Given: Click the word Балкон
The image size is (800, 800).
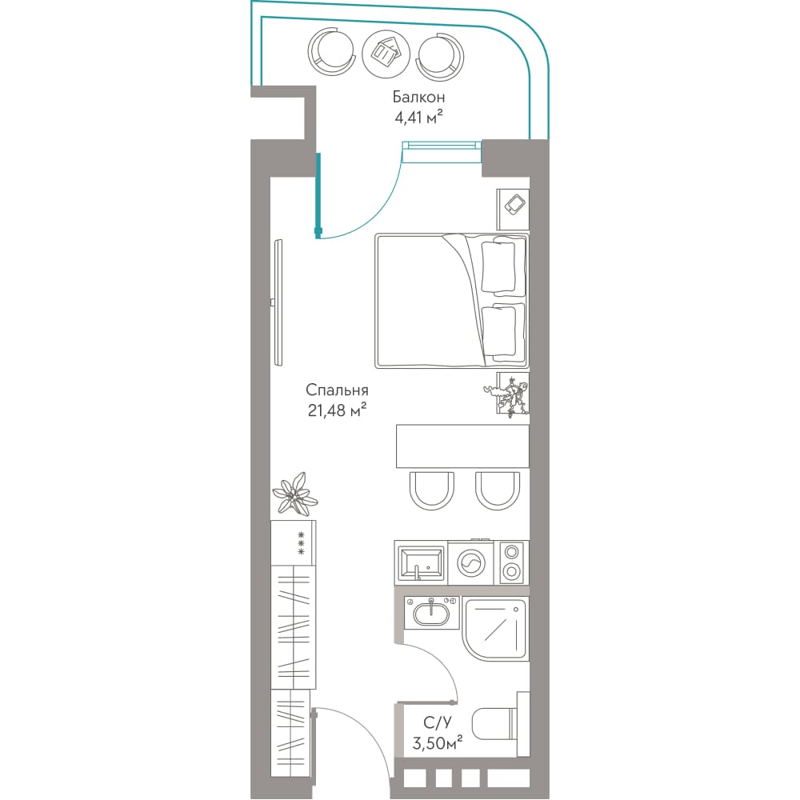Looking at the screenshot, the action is click(418, 97).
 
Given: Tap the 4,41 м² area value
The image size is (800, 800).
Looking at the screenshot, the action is click(418, 118).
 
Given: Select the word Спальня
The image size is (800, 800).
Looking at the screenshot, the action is click(337, 390).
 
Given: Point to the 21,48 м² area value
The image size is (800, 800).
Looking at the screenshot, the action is click(337, 410).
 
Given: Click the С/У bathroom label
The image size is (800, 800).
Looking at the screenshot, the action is click(438, 722).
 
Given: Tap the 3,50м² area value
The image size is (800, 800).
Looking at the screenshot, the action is click(438, 743).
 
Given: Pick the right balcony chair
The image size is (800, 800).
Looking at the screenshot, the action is click(440, 55).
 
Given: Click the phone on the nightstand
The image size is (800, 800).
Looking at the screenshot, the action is click(514, 204).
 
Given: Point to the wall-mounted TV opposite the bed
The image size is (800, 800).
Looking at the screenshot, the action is click(278, 302).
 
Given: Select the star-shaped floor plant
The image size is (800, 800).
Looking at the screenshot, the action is click(296, 493).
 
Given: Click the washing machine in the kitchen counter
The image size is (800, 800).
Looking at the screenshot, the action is click(471, 563).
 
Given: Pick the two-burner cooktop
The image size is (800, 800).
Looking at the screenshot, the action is click(512, 562).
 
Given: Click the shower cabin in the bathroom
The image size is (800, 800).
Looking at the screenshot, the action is click(496, 629).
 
